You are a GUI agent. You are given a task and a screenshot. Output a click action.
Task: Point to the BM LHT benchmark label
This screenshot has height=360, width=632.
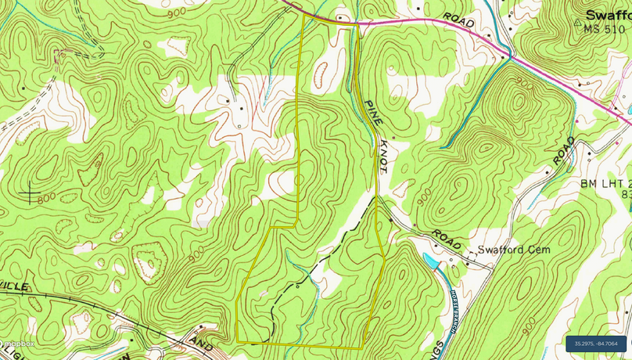tap(604, 183)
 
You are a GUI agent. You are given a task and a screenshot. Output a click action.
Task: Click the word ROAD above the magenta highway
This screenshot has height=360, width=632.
tap(458, 20)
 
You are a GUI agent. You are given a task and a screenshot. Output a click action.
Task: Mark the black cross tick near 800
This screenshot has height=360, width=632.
tap(31, 191)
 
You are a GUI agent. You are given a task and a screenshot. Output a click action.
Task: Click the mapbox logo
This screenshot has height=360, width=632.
tap(17, 344)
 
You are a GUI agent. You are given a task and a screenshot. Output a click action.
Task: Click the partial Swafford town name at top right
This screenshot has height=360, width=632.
tap(608, 14)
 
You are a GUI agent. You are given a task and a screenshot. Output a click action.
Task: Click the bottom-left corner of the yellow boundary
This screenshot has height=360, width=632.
tap(237, 341)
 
